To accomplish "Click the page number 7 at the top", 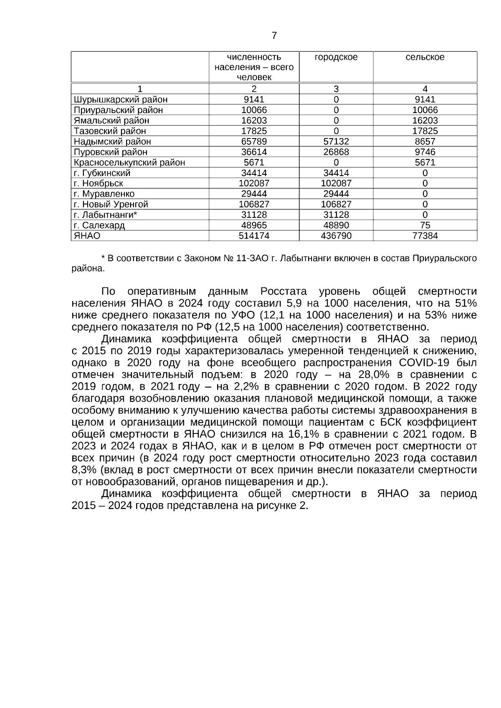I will pyautogui.click(x=274, y=36).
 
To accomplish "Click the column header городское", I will pyautogui.click(x=336, y=57).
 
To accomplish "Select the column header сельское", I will pyautogui.click(x=425, y=57).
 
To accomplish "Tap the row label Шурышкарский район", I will pyautogui.click(x=120, y=100).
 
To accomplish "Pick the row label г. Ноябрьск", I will pyautogui.click(x=98, y=184).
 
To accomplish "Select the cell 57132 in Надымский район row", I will pyautogui.click(x=336, y=142).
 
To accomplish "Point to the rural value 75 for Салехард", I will pyautogui.click(x=425, y=225).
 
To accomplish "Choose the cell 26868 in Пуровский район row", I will pyautogui.click(x=336, y=152).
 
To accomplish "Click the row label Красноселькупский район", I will pyautogui.click(x=129, y=163).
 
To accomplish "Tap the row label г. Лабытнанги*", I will pyautogui.click(x=105, y=215).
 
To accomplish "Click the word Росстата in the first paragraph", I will pyautogui.click(x=283, y=291).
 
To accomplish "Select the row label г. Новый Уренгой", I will pyautogui.click(x=111, y=204).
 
